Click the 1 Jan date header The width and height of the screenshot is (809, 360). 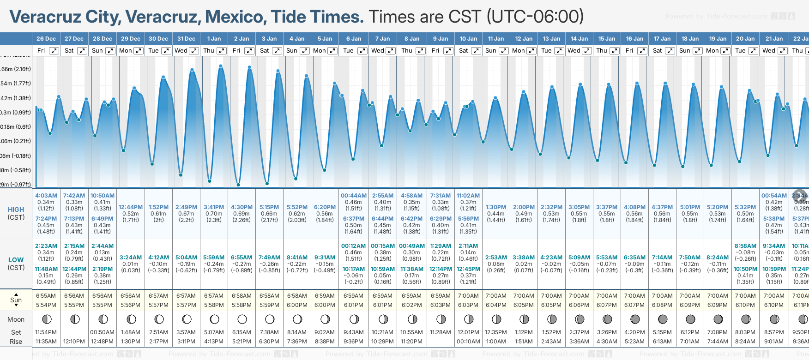214,39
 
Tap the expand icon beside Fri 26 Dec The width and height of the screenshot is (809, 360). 54,51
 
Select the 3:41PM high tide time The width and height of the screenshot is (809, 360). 214,207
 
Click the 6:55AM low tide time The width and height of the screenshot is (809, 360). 241,258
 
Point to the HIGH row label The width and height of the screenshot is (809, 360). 16,210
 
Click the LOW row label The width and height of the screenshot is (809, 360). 16,260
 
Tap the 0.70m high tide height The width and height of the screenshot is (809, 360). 214,214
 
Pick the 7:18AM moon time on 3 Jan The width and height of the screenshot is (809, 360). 269,332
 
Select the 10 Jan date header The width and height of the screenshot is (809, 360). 468,39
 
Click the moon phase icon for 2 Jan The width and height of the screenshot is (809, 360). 242,319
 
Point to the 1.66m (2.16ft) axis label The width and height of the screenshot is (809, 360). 16,69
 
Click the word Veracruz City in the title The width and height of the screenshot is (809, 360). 65,17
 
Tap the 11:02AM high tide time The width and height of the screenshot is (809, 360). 468,196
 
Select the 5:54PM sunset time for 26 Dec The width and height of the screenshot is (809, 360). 46,305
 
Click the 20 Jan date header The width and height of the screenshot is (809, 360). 745,39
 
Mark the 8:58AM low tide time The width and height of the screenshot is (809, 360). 745,246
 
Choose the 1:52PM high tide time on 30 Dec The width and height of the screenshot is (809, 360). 158,207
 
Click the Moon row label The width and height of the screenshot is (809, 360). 16,319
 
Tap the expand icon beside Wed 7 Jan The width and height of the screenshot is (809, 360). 390,51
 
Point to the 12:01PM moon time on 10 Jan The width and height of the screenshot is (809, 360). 468,332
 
